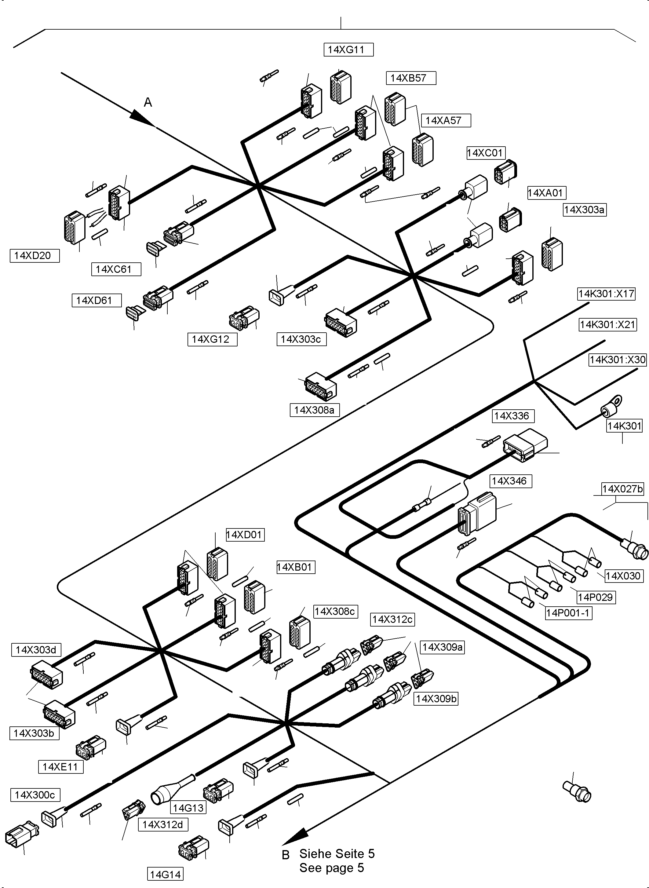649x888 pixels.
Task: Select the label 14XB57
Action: coord(410,78)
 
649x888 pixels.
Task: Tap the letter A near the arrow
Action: coord(148,102)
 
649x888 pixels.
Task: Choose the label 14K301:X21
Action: coord(607,324)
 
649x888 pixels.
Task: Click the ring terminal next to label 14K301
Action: coord(613,405)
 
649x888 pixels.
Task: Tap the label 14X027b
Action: coord(623,489)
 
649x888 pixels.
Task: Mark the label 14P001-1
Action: coord(568,613)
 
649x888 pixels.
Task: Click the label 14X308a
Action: coord(314,410)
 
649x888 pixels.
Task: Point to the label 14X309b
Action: coord(436,698)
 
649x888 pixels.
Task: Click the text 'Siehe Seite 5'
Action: coord(337,853)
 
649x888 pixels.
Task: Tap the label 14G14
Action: coord(166,874)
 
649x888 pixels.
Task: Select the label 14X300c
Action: coord(35,795)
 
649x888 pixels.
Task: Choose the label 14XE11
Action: coord(60,767)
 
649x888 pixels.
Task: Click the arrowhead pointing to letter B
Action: coord(295,837)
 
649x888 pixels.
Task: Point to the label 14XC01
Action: coord(486,153)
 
